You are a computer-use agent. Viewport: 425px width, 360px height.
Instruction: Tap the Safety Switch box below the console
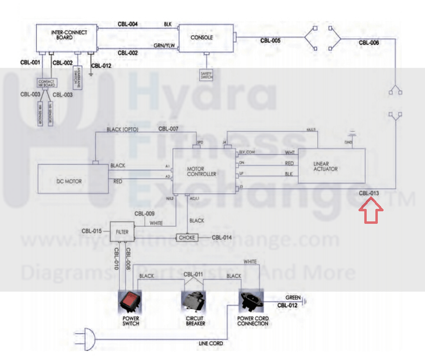tap(206, 75)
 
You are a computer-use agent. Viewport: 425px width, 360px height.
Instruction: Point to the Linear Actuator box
tap(331, 166)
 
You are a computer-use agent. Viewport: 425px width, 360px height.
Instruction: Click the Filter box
tap(122, 232)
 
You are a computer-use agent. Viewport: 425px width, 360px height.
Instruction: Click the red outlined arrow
tap(370, 210)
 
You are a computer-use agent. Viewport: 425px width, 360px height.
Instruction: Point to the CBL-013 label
tap(370, 194)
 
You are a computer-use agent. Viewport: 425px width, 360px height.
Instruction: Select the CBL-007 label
tap(168, 129)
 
